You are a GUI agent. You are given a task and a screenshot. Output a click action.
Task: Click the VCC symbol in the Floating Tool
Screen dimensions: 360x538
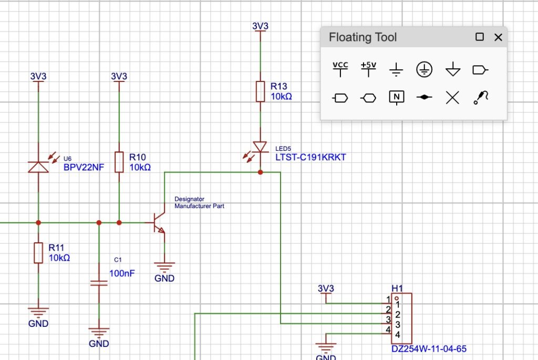(x=340, y=69)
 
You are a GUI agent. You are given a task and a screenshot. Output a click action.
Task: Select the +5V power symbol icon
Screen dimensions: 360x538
(x=369, y=69)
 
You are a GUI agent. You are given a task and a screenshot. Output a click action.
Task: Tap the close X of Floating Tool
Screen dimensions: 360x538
(x=498, y=37)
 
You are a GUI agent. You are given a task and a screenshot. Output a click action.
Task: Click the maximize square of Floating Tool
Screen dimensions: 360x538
(x=479, y=37)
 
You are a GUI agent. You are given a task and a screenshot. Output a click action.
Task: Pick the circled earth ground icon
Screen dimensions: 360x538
(x=425, y=69)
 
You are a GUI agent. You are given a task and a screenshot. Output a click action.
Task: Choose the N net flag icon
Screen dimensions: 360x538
(x=397, y=97)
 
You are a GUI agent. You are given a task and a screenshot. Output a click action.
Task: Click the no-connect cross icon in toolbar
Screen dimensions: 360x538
(x=452, y=97)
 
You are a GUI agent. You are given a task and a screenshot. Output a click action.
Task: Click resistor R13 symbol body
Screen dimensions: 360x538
(x=260, y=91)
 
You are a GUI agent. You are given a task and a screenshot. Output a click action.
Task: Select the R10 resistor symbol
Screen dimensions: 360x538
(x=119, y=162)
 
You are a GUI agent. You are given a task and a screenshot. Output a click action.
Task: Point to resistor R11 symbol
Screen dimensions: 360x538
(x=38, y=253)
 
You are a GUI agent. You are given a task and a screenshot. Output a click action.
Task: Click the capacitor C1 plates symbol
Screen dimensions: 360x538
(x=99, y=283)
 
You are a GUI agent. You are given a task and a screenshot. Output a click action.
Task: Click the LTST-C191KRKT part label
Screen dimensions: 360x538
(x=311, y=157)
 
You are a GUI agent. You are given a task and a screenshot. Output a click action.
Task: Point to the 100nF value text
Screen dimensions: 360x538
(x=122, y=273)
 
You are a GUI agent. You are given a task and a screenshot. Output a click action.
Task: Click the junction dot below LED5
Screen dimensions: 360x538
(x=260, y=172)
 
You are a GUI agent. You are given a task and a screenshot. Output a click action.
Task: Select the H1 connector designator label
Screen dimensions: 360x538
(x=397, y=288)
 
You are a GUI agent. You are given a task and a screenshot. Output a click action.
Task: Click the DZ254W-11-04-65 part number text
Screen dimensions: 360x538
(x=429, y=348)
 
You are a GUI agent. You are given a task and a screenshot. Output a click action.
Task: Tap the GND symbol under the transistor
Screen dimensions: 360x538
(x=164, y=268)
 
